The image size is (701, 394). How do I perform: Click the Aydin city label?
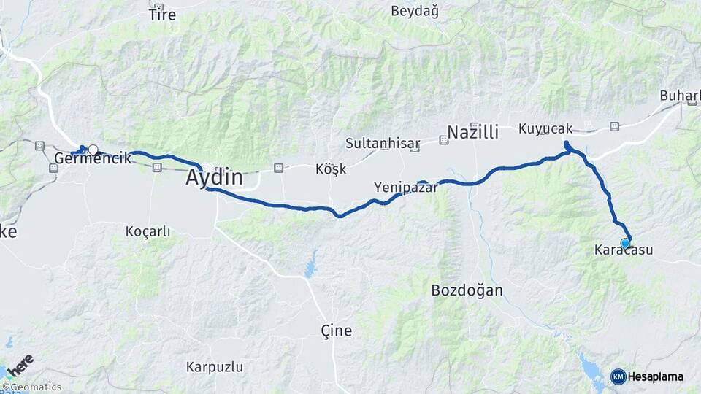(213, 177)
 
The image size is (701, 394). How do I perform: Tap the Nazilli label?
(472, 132)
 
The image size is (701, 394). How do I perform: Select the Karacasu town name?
(623, 250)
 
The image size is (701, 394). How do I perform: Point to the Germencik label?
(92, 158)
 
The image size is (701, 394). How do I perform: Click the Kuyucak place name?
(545, 128)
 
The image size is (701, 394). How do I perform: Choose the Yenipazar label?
(406, 188)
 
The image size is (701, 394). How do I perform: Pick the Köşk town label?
(330, 169)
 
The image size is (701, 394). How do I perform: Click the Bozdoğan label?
(467, 290)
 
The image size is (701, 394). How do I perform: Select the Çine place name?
(337, 331)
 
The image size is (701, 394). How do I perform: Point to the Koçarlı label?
(148, 231)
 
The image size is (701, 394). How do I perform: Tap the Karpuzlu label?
(215, 366)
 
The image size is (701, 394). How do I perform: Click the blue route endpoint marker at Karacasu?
(625, 243)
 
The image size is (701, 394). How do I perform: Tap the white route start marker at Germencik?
(93, 150)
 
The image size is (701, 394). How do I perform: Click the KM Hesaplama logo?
(647, 376)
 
